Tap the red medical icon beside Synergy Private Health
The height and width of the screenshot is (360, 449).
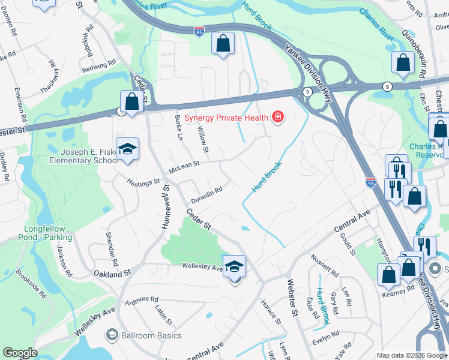click(x=277, y=117)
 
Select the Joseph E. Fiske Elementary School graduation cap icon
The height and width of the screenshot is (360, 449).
click(x=127, y=149)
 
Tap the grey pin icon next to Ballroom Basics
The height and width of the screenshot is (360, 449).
click(x=111, y=335)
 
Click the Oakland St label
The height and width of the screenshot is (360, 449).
click(x=112, y=273)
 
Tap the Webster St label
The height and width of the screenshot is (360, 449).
click(x=292, y=301)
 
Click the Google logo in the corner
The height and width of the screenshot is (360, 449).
click(x=19, y=353)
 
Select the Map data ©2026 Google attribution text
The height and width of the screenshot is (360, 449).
click(x=411, y=355)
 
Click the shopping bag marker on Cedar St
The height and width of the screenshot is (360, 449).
click(x=131, y=101)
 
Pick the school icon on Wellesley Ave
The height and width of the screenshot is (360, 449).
click(x=234, y=265)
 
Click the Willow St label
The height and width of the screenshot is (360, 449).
click(x=204, y=141)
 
